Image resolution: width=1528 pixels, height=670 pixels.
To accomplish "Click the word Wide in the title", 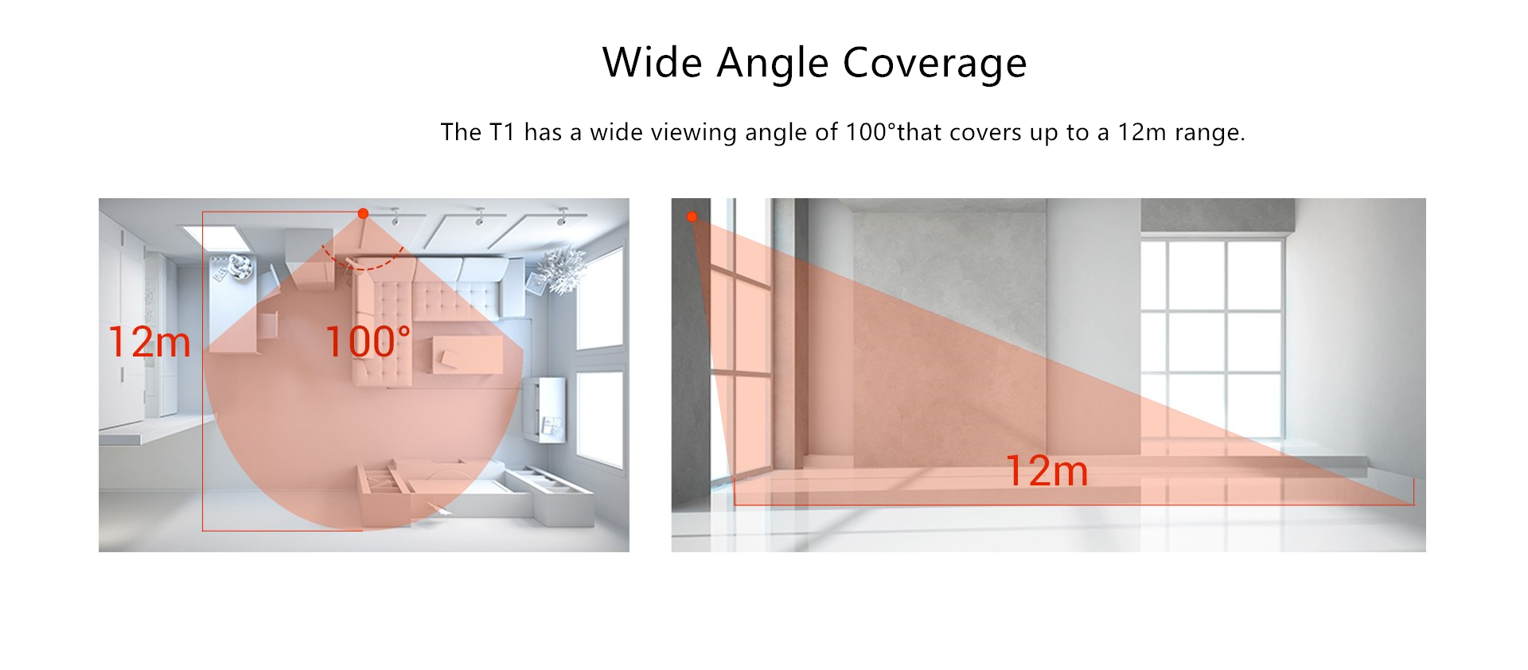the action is (652, 62).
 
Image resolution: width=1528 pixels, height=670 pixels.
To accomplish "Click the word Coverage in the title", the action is (935, 63).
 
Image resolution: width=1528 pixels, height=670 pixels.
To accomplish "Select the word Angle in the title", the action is (773, 64).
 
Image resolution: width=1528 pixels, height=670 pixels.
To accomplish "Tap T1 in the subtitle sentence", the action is (502, 131).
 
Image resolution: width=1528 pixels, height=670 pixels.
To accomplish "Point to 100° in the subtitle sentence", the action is (870, 131).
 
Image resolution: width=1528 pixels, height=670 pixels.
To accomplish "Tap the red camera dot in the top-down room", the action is (363, 213).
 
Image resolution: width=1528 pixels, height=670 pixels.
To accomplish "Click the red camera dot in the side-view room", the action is (692, 216).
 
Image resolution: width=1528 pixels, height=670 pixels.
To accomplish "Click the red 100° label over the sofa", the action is (368, 342).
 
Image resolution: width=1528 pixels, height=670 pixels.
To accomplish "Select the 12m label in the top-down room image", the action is (150, 342).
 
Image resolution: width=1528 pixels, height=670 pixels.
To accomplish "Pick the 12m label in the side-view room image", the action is (1047, 470).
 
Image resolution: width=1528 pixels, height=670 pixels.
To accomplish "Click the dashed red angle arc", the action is (362, 265).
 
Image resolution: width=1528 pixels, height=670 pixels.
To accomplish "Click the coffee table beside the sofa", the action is (467, 354).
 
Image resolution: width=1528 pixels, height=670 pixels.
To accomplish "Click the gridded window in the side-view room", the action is (1211, 339).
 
